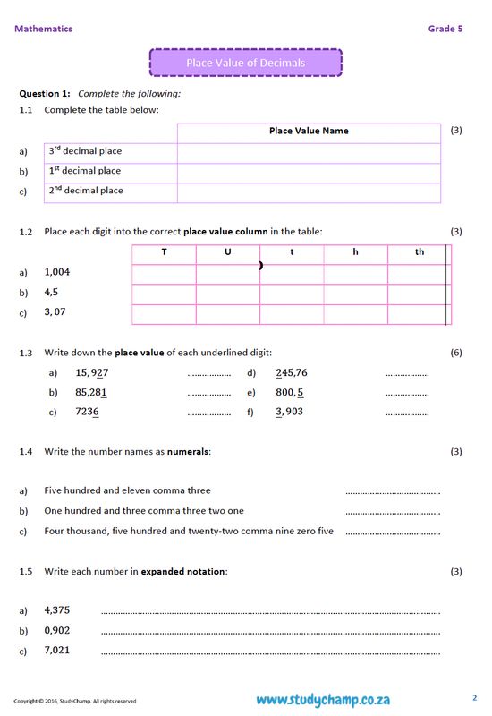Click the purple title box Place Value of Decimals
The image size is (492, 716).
(245, 63)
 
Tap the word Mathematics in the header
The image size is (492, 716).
(43, 29)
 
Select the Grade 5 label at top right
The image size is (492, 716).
(445, 29)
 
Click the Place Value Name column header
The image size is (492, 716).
(309, 131)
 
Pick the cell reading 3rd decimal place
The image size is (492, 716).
(85, 151)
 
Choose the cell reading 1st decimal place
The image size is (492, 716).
(84, 171)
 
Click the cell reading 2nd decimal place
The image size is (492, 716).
(85, 191)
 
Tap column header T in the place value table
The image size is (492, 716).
(164, 252)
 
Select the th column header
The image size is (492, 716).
(419, 252)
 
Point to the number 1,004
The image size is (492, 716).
(57, 272)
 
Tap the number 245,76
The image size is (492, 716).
(292, 372)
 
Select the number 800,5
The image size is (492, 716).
(289, 392)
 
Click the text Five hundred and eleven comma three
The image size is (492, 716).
(127, 490)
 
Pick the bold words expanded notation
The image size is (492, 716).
(190, 571)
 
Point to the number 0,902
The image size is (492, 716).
(57, 630)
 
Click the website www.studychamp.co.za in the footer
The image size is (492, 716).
(322, 699)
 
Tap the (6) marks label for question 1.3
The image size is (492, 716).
(456, 353)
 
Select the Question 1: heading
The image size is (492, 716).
(45, 93)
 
